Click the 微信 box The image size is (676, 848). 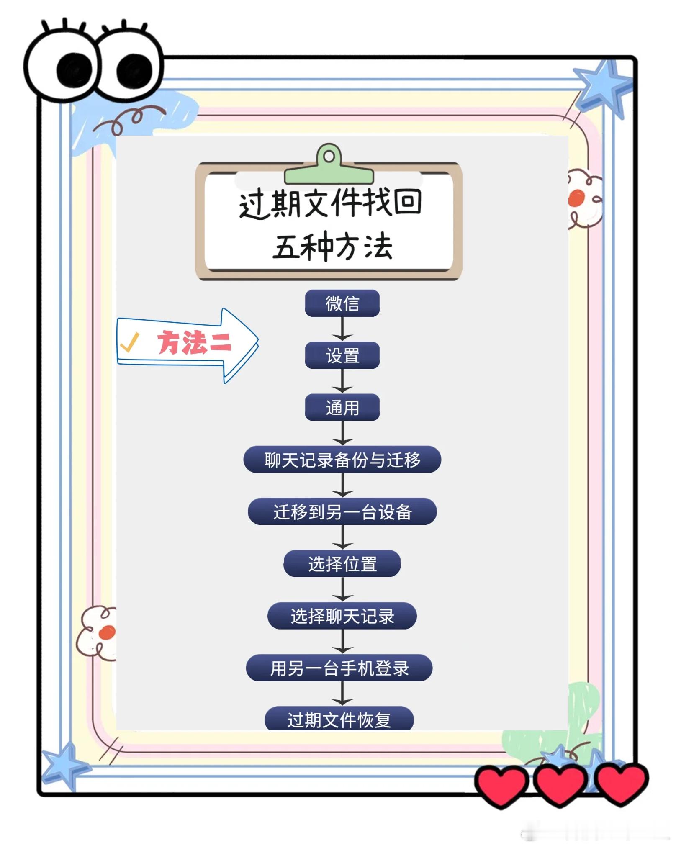[342, 303]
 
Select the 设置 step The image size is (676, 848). [342, 355]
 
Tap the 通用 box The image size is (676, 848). [342, 407]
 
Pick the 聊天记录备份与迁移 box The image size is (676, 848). [342, 460]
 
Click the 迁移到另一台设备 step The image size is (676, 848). [342, 511]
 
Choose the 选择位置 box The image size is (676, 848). [342, 563]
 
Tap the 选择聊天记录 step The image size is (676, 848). [342, 616]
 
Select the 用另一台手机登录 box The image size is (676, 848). [339, 668]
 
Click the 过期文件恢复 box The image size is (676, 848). [339, 719]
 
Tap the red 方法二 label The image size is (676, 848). [194, 343]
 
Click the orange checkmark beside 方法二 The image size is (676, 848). [129, 342]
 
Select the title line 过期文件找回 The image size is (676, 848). [330, 203]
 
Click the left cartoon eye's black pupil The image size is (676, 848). [74, 70]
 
